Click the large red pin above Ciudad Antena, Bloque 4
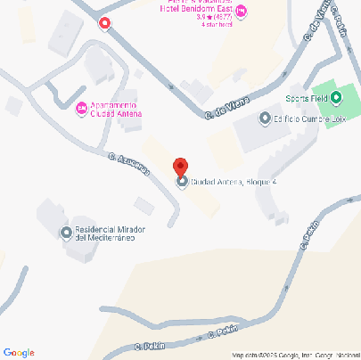pos(180,167)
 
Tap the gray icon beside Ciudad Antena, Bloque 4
pos(183,182)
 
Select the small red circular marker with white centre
pos(106,22)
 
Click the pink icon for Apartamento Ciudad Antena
pos(81,110)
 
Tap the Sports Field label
pos(305,98)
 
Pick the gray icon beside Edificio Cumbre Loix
pos(264,119)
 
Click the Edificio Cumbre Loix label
pos(308,119)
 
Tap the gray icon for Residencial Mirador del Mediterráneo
pos(65,233)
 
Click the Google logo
pos(19,352)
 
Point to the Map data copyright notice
pos(294,355)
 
